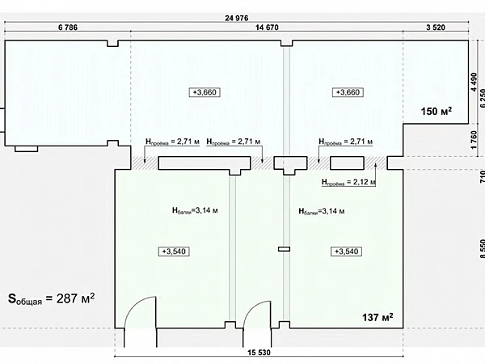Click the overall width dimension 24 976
pos(237,18)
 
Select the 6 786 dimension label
pos(68,28)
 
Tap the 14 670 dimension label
pos(267,28)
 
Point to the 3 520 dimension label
pos(436,28)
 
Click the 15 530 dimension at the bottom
pos(259,353)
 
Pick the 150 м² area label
pos(436,111)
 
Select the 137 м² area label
pos(377,317)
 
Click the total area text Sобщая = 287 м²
pos(52,298)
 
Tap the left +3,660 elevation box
pos(205,92)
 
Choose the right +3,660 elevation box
pos(348,92)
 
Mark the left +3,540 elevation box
pos(174,252)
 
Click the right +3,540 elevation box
pos(347,252)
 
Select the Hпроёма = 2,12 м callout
pos(348,182)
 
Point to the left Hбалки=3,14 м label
pos(195,211)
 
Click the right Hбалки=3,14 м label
pos(322,211)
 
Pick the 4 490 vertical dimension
pos(474,82)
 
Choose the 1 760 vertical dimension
pos(474,140)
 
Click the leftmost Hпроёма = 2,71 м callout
pos(173,142)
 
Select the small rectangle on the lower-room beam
pos(284,249)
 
